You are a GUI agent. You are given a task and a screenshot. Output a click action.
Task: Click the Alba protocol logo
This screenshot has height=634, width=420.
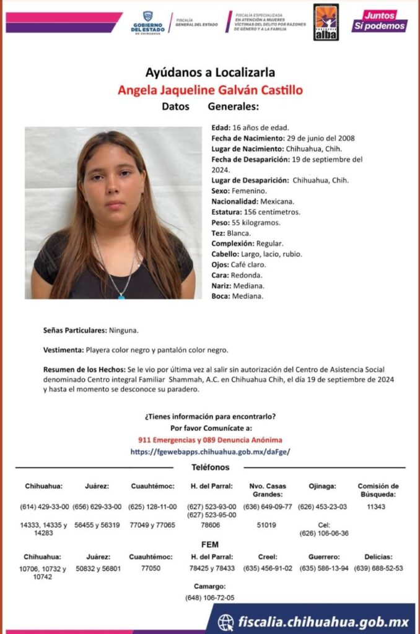[326, 22]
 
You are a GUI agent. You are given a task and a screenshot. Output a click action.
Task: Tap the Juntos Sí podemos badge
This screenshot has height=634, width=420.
[380, 21]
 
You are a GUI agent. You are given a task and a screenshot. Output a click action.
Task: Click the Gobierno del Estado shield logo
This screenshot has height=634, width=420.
[147, 17]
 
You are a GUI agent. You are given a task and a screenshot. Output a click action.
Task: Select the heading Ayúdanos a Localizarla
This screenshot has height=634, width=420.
[210, 72]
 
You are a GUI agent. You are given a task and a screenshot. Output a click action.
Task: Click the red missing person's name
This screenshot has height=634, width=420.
[210, 90]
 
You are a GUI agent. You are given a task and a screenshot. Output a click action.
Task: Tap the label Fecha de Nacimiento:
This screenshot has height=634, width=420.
[247, 138]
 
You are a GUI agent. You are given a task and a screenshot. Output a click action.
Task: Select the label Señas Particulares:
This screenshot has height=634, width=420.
[75, 331]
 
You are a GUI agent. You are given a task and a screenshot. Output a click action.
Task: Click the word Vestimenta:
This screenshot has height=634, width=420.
[64, 350]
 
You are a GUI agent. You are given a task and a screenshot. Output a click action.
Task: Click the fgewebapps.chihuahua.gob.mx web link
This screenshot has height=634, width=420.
[210, 452]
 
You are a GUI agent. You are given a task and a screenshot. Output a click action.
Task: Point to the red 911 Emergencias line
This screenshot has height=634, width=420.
[210, 440]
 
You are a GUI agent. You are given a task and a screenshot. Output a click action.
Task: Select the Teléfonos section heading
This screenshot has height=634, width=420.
[210, 467]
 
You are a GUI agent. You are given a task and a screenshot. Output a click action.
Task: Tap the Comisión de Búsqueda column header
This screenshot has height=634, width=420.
[378, 490]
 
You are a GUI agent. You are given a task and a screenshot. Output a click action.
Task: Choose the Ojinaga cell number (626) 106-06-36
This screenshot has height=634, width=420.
[323, 533]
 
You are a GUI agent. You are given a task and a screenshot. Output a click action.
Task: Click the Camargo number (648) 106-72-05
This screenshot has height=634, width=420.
[210, 597]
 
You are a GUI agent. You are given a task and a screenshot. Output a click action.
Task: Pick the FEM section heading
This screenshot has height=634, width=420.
[210, 544]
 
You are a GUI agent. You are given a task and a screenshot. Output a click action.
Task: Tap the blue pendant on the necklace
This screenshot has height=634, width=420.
[121, 296]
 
